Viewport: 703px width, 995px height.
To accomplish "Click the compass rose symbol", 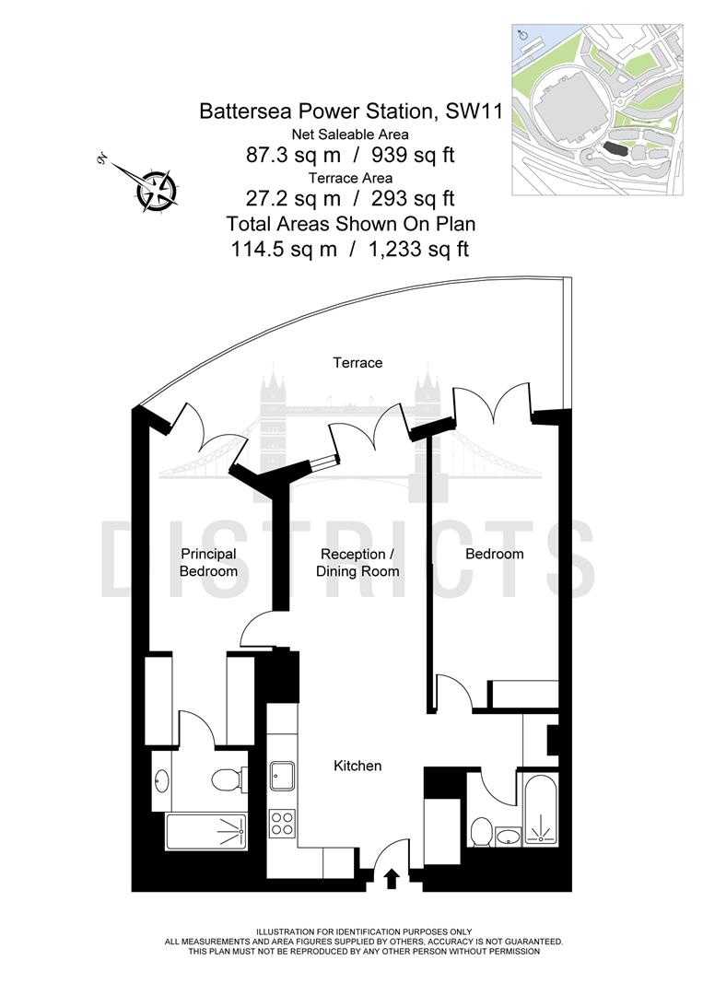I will [x=155, y=189].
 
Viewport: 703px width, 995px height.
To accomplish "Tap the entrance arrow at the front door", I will [x=391, y=878].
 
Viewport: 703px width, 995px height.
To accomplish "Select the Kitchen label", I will [x=357, y=766].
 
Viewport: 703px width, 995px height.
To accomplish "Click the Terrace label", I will [x=357, y=363].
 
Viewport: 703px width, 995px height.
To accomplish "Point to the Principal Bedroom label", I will [x=208, y=563].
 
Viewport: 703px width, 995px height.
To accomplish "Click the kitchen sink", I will [x=281, y=776].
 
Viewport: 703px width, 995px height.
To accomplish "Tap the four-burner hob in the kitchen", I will [x=281, y=822].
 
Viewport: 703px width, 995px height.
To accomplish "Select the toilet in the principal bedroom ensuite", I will [x=227, y=780].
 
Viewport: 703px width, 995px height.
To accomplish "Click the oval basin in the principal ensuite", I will [x=162, y=781].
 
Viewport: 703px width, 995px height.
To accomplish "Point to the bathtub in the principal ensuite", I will [x=205, y=831].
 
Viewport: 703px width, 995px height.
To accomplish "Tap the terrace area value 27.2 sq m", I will [x=277, y=198].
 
